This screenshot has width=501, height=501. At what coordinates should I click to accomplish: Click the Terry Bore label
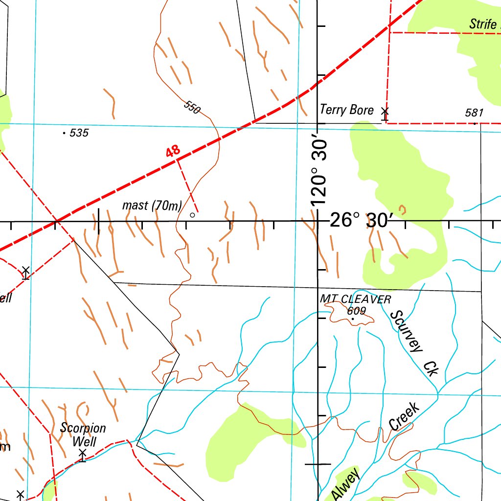coord(346,110)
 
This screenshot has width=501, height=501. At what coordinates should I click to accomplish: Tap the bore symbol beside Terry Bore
coord(385,114)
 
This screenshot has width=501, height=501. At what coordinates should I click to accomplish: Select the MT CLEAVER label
coord(356,299)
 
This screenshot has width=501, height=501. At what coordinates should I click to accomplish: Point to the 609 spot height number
coord(357,310)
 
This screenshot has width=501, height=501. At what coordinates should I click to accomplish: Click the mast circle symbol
coord(192,214)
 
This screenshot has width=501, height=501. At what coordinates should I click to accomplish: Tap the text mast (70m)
coord(152,205)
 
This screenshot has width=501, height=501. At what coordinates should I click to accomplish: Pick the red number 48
coord(173,152)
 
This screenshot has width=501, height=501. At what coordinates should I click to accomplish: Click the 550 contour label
coord(192,107)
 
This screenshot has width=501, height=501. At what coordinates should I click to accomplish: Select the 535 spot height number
coord(79,133)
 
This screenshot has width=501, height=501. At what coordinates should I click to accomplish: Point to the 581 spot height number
coord(474,113)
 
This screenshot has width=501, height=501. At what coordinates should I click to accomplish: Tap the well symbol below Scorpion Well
coord(83,456)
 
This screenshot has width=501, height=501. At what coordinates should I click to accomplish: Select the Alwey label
coord(345,484)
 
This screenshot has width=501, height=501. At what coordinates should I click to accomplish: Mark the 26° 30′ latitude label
coord(361,221)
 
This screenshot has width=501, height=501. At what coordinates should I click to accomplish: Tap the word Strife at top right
coord(483,24)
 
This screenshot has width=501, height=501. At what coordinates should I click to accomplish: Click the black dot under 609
coord(352,319)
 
